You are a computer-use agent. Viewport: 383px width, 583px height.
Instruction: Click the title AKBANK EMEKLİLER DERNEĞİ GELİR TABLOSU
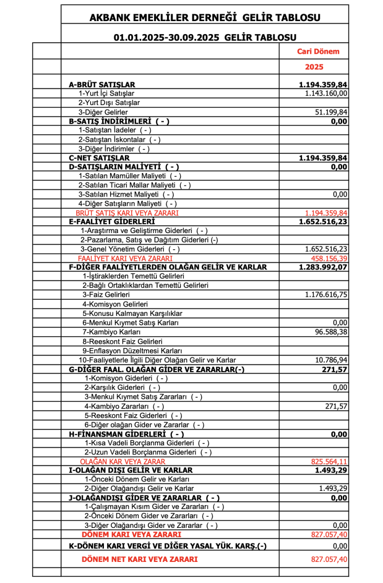205,18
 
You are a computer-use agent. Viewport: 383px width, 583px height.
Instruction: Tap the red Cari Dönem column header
315,51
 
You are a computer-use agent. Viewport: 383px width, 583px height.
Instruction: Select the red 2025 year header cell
314,67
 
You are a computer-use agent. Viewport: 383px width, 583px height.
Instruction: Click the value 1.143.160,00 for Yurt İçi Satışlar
326,93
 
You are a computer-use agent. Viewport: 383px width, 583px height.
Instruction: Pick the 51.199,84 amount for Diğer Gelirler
329,112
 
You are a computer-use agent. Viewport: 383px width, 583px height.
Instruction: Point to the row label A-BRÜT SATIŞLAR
102,84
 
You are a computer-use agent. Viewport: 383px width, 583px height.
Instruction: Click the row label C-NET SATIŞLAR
99,158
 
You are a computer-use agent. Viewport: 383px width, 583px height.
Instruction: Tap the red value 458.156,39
329,258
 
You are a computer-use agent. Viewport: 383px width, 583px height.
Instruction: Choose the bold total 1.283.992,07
323,267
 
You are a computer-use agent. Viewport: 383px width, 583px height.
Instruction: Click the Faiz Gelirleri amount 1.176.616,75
326,294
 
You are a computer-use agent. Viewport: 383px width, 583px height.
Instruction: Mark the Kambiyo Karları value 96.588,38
329,332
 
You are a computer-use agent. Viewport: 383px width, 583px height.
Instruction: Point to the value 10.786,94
329,360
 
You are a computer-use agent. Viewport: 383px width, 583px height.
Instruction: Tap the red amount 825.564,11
329,461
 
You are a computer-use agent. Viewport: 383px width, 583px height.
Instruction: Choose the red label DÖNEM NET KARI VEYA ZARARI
140,559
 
